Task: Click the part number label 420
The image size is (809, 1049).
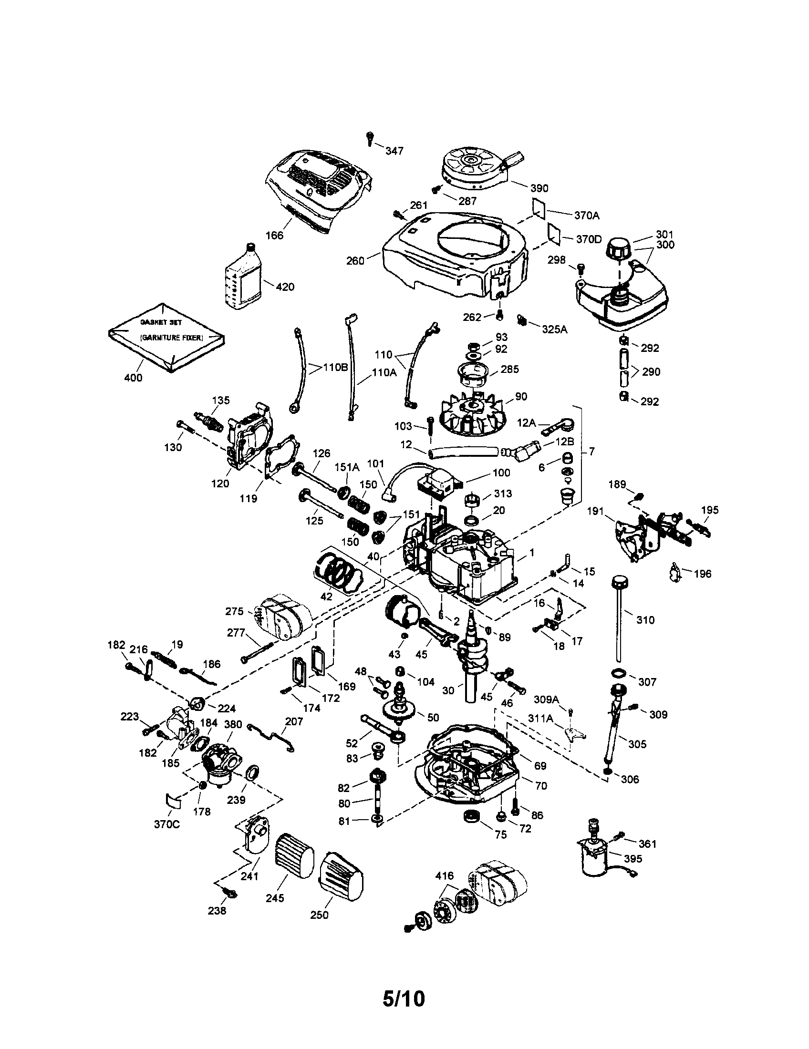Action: [285, 287]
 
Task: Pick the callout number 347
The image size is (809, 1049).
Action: [394, 151]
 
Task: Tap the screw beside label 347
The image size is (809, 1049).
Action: [369, 137]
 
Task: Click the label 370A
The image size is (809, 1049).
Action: [587, 216]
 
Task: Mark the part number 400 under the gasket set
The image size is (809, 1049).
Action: [133, 378]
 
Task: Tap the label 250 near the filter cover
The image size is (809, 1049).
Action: [319, 915]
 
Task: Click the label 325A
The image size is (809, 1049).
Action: [554, 329]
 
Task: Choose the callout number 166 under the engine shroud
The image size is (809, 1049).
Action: [274, 236]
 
